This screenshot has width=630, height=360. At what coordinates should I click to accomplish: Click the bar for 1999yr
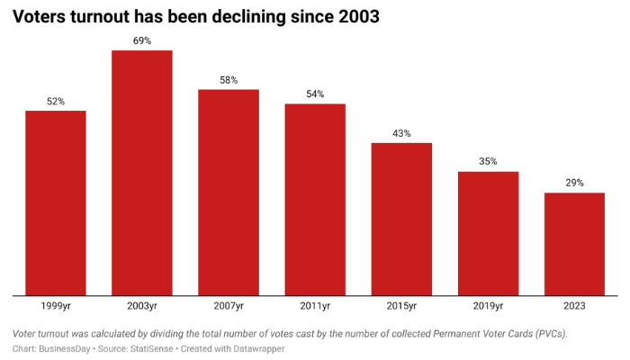coord(55,202)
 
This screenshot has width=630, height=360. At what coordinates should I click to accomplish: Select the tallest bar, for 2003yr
coord(141,172)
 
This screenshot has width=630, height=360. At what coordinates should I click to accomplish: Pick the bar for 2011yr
coord(315,199)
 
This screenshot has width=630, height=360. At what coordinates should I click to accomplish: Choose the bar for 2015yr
coord(401,219)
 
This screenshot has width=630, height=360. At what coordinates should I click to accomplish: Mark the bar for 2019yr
coord(488,232)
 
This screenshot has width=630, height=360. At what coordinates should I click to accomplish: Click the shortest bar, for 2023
coord(574,243)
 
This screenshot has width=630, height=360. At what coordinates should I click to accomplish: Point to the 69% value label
coord(141,40)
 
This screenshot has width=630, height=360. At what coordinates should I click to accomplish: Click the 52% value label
coord(55,102)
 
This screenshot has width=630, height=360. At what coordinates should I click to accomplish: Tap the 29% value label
coord(574,183)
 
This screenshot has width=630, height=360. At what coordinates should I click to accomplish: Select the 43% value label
coord(401,133)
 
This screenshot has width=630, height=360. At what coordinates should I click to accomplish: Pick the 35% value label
coord(488,162)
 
